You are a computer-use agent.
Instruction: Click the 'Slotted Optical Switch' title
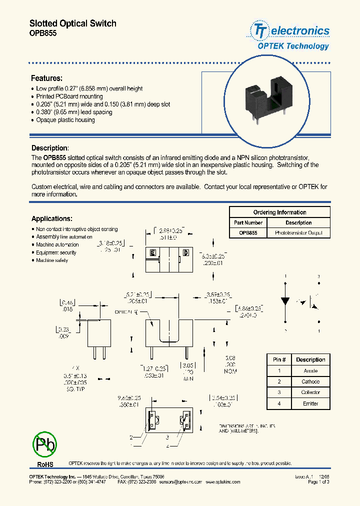[73, 23]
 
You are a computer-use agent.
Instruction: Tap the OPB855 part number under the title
[43, 33]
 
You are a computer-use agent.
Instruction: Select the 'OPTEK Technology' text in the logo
[293, 46]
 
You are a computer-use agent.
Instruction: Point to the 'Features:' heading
[46, 78]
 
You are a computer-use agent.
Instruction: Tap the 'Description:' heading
[50, 148]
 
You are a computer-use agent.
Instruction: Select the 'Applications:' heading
[52, 218]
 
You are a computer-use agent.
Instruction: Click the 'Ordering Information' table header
[279, 212]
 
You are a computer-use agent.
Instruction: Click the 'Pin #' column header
[279, 359]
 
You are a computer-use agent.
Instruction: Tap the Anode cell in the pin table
[310, 371]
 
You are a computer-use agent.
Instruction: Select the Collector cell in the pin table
[310, 392]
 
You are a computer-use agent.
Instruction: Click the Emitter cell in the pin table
[310, 403]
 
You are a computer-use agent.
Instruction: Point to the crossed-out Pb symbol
[44, 443]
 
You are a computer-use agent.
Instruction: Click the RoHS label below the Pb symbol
[44, 465]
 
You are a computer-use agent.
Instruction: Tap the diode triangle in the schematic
[285, 301]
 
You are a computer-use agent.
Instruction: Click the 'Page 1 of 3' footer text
[318, 482]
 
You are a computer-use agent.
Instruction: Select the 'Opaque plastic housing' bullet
[65, 120]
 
